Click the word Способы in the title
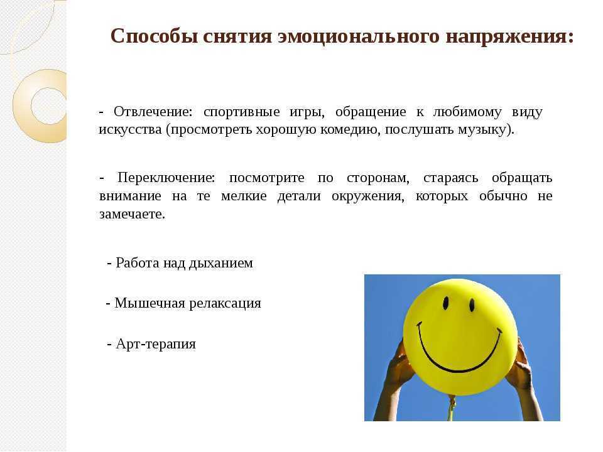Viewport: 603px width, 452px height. pyautogui.click(x=154, y=37)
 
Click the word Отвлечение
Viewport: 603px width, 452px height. pyautogui.click(x=152, y=112)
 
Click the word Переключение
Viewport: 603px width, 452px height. pyautogui.click(x=166, y=178)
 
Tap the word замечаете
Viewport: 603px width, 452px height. pyautogui.click(x=132, y=214)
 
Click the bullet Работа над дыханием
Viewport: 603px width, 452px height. pyautogui.click(x=180, y=263)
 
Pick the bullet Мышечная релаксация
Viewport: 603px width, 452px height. pyautogui.click(x=183, y=303)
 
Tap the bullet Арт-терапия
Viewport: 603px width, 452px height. pyautogui.click(x=151, y=343)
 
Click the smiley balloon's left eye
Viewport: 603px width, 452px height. pyautogui.click(x=446, y=303)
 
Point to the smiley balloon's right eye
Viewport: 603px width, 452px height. pyautogui.click(x=472, y=305)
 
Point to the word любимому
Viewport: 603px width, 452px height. pyautogui.click(x=467, y=112)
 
